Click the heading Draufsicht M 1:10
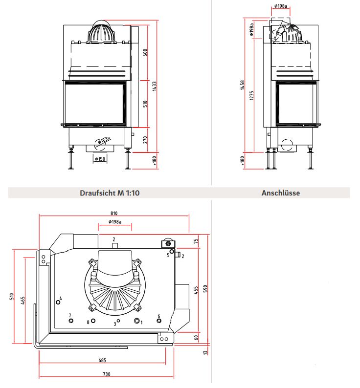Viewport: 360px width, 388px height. (110, 193)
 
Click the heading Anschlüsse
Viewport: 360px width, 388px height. (281, 193)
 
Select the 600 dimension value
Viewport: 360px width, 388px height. (145, 53)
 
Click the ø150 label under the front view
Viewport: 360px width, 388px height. (100, 159)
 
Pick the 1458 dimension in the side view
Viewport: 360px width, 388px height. (243, 86)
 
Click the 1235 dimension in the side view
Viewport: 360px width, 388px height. (252, 96)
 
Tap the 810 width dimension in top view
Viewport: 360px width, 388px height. (114, 214)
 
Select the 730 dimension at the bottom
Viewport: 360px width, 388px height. (107, 374)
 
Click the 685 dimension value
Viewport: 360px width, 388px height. (102, 360)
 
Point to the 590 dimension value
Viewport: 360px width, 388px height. (206, 289)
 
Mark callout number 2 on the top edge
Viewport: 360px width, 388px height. (114, 239)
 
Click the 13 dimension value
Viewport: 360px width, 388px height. (206, 352)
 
